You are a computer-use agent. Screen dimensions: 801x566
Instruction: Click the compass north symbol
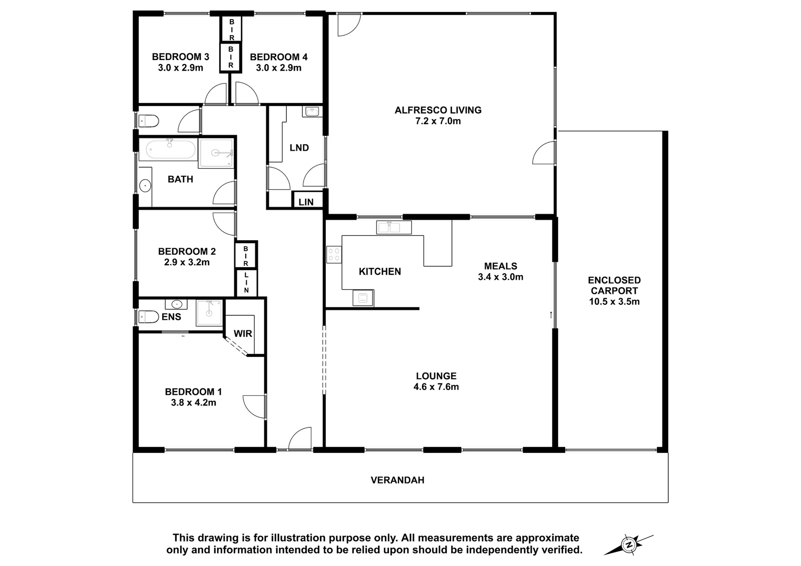point(628,544)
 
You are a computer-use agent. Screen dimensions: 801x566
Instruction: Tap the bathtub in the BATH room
point(167,149)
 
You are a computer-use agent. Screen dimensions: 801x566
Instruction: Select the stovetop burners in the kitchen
point(334,255)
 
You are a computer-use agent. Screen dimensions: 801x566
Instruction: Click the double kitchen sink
point(393,227)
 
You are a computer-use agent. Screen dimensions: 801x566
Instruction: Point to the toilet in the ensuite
point(148,317)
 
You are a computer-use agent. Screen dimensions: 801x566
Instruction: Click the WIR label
point(243,334)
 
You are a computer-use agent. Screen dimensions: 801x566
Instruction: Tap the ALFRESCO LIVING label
point(438,110)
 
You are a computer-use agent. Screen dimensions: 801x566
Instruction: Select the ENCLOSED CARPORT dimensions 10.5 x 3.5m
point(614,301)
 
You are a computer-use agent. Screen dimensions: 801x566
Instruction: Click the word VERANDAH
point(397,480)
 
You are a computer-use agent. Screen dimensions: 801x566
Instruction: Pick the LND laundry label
point(299,148)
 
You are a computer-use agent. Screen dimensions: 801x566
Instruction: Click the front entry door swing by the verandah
point(300,438)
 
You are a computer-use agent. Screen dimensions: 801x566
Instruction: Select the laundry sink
point(312,112)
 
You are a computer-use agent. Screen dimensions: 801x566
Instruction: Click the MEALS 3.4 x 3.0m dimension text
point(501,277)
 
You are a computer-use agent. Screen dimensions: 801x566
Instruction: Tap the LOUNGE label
point(436,376)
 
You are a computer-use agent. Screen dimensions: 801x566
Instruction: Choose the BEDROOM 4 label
point(278,57)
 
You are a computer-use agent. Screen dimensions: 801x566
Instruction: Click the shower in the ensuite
point(209,313)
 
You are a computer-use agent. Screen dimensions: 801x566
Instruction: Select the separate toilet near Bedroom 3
point(148,121)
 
